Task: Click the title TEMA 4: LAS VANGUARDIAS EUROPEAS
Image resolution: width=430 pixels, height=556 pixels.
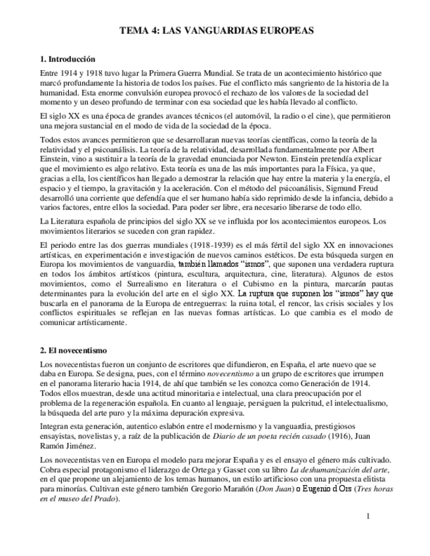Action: pyautogui.click(x=215, y=30)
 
